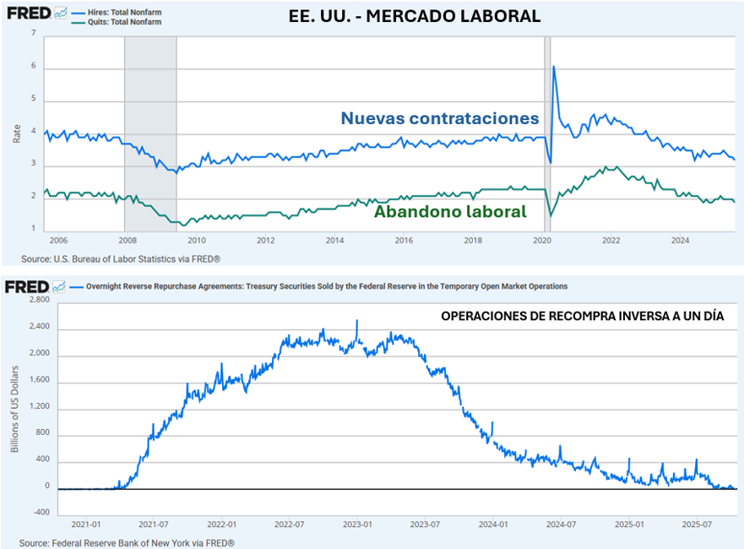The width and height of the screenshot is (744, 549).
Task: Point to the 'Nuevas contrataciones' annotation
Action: (x=439, y=118)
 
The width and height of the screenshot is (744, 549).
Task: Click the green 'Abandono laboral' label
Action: (x=450, y=212)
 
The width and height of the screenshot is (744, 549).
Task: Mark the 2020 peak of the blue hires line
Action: (x=553, y=67)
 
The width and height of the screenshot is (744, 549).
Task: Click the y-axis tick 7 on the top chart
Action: (x=34, y=34)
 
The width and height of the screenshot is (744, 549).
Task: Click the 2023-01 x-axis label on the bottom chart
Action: (x=357, y=523)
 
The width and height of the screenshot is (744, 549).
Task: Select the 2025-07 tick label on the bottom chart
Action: (x=698, y=523)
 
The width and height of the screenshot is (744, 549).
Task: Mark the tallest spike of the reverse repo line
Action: (x=357, y=321)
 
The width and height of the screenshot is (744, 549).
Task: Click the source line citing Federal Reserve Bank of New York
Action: (x=127, y=542)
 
